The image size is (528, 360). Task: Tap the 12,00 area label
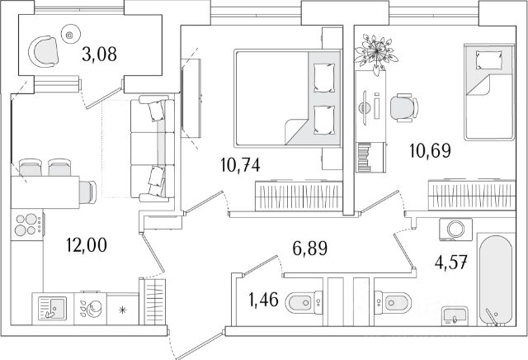pyautogui.click(x=86, y=244)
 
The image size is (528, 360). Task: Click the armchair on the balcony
pyautogui.click(x=45, y=54)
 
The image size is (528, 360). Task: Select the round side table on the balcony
pyautogui.click(x=69, y=36)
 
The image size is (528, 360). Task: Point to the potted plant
pyautogui.click(x=373, y=52)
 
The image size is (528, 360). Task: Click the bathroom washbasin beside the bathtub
pyautogui.click(x=454, y=315)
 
